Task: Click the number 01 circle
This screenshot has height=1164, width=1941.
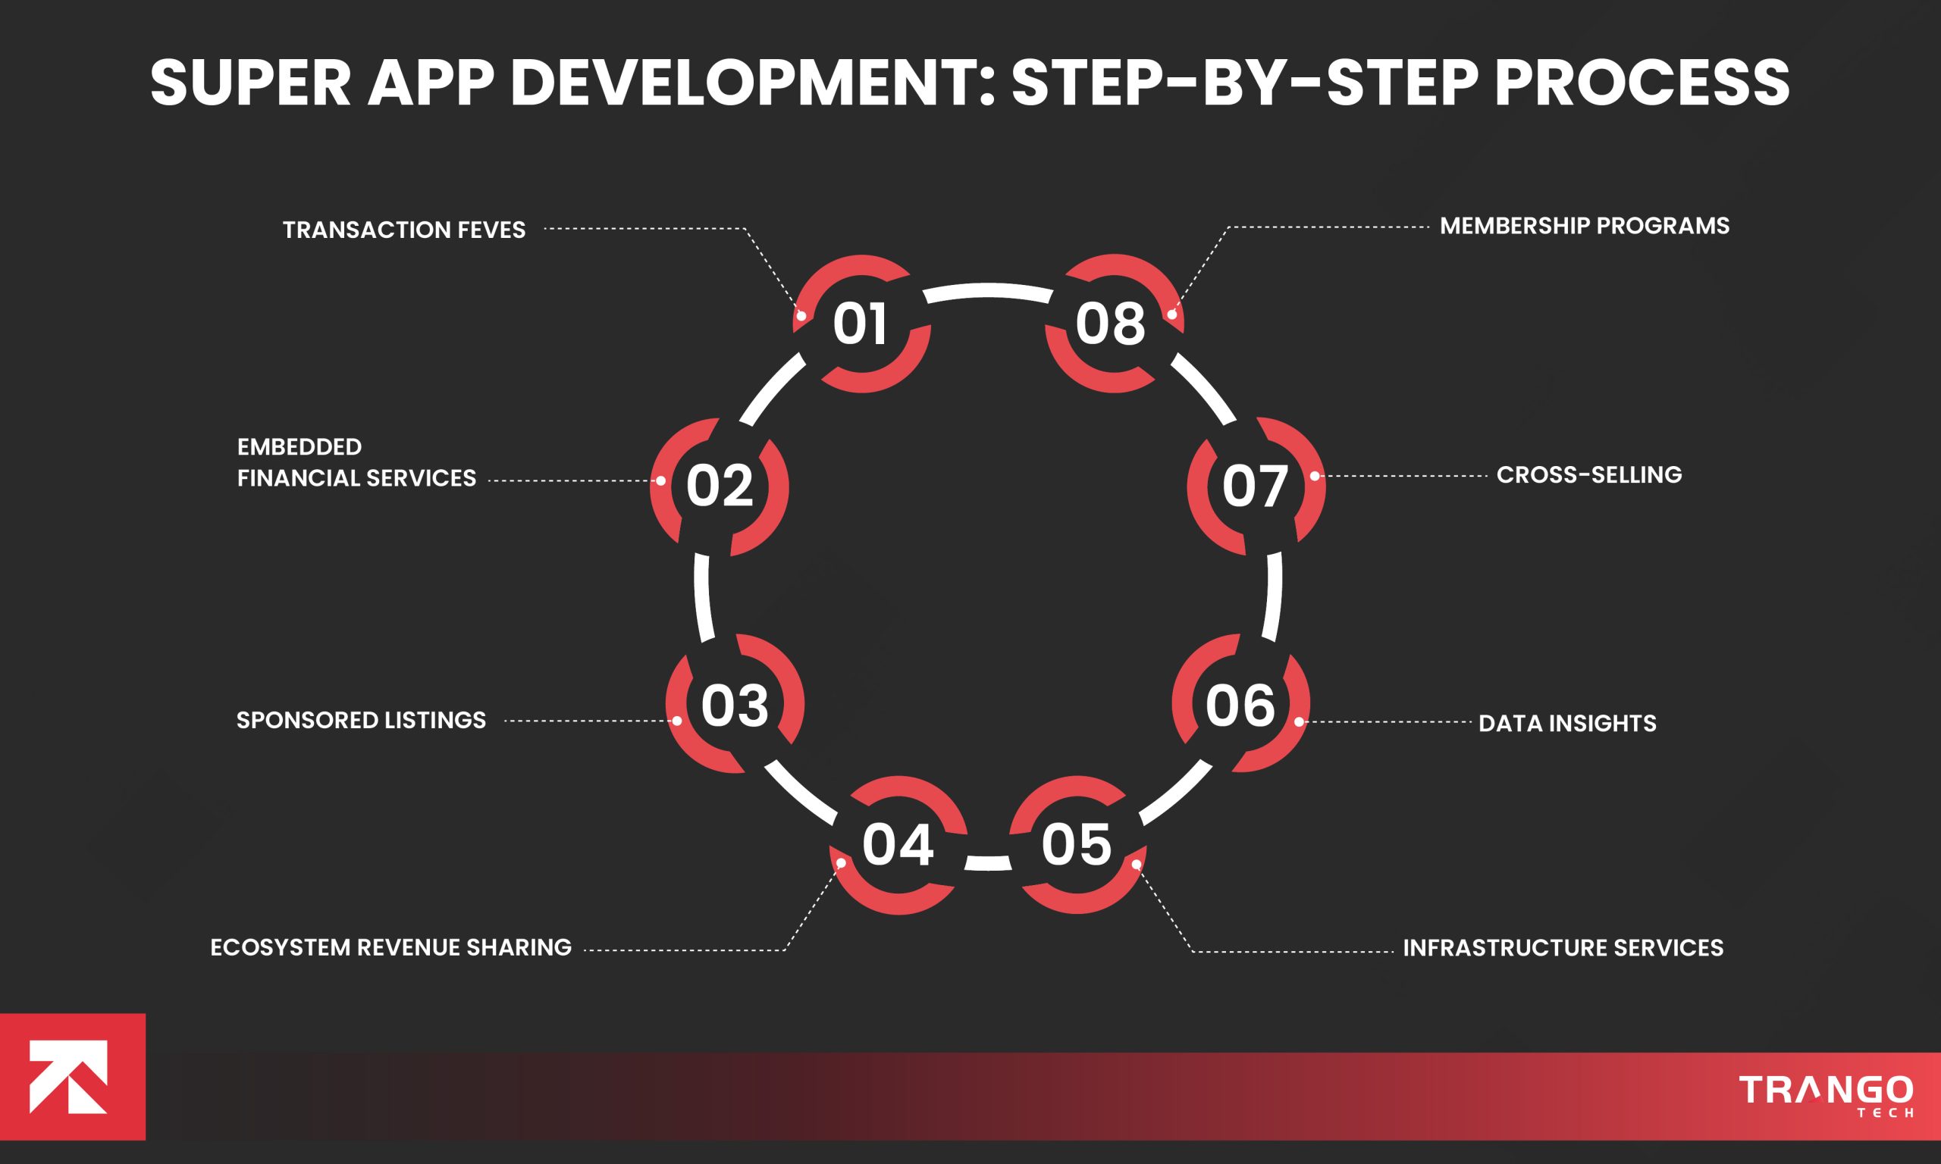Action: pos(861,324)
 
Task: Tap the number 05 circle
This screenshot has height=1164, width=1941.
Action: pos(1077,845)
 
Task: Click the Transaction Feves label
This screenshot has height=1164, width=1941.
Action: pos(404,230)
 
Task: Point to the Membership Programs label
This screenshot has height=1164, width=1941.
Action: pos(1584,226)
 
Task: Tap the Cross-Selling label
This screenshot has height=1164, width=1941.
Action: pos(1588,475)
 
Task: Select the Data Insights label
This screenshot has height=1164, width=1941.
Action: pos(1566,723)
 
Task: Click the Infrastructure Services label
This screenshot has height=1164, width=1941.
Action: pos(1563,947)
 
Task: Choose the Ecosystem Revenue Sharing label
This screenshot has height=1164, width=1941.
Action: pos(390,947)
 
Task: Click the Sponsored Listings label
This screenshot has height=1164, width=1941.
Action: pos(361,720)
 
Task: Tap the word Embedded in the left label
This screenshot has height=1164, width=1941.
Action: pos(299,447)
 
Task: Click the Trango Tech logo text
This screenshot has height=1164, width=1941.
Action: pos(1826,1093)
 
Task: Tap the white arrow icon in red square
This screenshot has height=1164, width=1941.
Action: pos(68,1076)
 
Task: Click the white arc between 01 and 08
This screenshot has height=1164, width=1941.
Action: pos(988,292)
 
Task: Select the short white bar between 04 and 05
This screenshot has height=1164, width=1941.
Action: pos(988,863)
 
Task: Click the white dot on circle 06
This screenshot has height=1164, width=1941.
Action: pos(1300,721)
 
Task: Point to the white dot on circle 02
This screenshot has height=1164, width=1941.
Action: pos(660,480)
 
